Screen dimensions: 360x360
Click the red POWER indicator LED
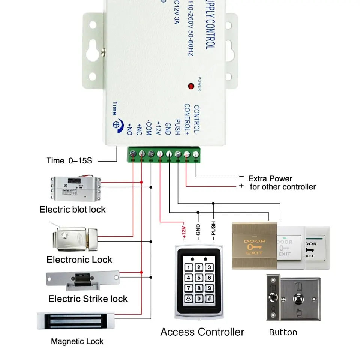coord(191,86)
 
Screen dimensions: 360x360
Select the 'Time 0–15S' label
coord(69,160)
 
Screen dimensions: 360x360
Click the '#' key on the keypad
coord(210,299)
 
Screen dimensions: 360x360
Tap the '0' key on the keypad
coord(199,299)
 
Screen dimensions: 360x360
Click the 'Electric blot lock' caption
coord(72,209)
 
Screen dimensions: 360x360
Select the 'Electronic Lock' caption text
coord(79,259)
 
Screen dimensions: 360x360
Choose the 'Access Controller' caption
coord(202,332)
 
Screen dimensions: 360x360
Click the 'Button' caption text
coord(283,332)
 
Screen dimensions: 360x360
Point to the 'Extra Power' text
coord(270,178)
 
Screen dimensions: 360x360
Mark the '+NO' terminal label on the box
coord(130,129)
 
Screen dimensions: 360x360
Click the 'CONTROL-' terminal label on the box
coord(196,120)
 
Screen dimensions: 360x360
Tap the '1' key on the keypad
coord(189,267)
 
